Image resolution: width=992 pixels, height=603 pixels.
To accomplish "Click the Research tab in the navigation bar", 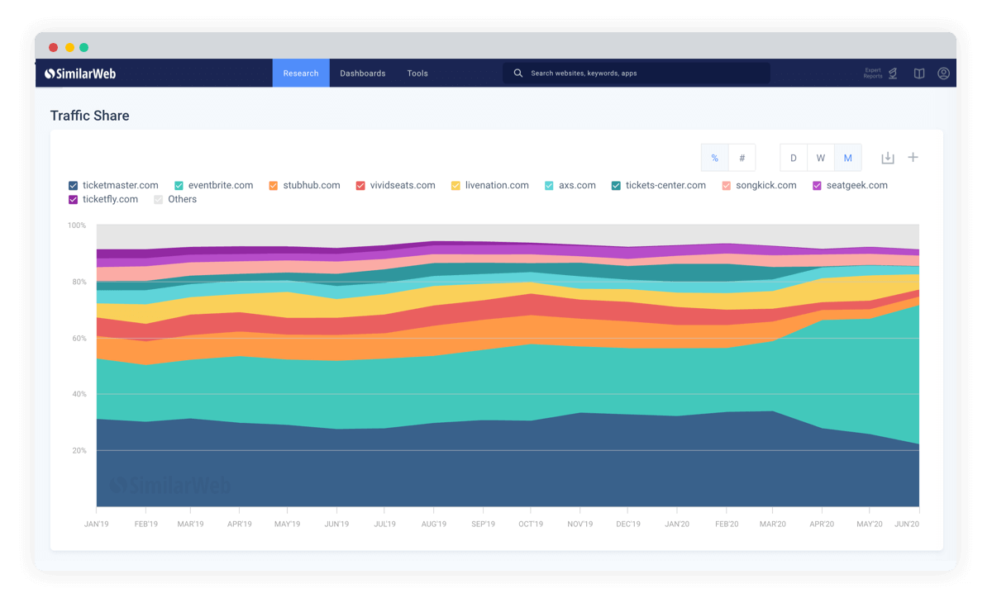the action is click(x=301, y=73).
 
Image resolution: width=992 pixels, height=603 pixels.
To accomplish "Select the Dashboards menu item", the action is click(x=363, y=73).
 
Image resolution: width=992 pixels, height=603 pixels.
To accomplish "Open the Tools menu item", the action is click(x=417, y=73).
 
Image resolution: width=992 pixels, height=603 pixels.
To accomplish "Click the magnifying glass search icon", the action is click(x=517, y=73).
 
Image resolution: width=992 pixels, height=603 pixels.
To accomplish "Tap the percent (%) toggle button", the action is click(x=714, y=158).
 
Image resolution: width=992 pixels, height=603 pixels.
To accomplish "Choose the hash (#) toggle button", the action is click(x=742, y=158).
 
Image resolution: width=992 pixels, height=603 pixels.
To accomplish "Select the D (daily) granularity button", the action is click(x=793, y=158).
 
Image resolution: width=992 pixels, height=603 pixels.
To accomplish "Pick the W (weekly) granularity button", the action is click(x=821, y=158).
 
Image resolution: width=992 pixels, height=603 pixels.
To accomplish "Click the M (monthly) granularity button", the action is click(x=847, y=158).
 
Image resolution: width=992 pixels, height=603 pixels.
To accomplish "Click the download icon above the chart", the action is click(x=888, y=158).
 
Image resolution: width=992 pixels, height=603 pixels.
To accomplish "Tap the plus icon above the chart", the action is click(x=913, y=157).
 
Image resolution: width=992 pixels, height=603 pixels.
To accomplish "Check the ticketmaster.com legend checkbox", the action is click(x=73, y=185).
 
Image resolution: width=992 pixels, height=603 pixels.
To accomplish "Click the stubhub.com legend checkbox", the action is click(x=274, y=185).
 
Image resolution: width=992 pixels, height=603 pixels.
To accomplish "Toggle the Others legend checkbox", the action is click(x=158, y=200).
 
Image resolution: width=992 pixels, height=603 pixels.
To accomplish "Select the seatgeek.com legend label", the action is click(x=857, y=185).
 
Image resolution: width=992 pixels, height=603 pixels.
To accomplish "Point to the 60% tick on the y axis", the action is click(x=79, y=338).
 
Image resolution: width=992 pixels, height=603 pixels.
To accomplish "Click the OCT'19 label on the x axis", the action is click(x=531, y=524).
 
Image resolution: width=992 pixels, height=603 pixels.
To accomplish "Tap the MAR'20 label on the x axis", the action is click(x=772, y=524).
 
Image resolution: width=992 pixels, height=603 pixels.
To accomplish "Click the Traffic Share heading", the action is click(x=90, y=116).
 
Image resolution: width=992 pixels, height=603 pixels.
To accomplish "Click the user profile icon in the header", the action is click(x=943, y=73).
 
